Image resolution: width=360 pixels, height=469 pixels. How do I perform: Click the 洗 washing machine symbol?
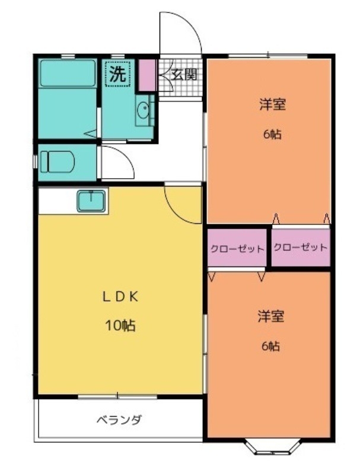coord(117,74)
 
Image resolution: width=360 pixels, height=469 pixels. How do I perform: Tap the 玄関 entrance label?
coord(184,74)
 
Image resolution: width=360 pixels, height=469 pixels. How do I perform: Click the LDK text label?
coord(120,297)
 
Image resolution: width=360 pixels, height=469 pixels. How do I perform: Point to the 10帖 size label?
coord(120,325)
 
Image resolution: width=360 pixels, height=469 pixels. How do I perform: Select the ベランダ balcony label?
coord(119,420)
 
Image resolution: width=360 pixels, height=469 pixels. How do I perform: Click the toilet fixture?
coord(57,162)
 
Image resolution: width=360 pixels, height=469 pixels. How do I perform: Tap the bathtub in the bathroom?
coord(68,73)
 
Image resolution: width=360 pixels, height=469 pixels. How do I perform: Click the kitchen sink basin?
coord(91,201)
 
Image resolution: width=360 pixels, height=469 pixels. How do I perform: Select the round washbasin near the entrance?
coord(143,110)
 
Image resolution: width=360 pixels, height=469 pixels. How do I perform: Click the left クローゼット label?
coord(237,249)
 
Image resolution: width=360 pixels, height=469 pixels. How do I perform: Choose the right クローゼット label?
coord(300,248)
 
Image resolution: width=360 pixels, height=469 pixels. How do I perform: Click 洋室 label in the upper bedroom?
coord(272,104)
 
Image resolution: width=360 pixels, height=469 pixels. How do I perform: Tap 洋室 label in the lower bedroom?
coord(270,316)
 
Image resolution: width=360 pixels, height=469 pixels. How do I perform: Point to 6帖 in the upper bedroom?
coord(272,135)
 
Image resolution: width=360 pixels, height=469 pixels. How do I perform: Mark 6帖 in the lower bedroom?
coord(270,346)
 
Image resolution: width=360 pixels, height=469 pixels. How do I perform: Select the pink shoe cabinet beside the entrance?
coord(147,75)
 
